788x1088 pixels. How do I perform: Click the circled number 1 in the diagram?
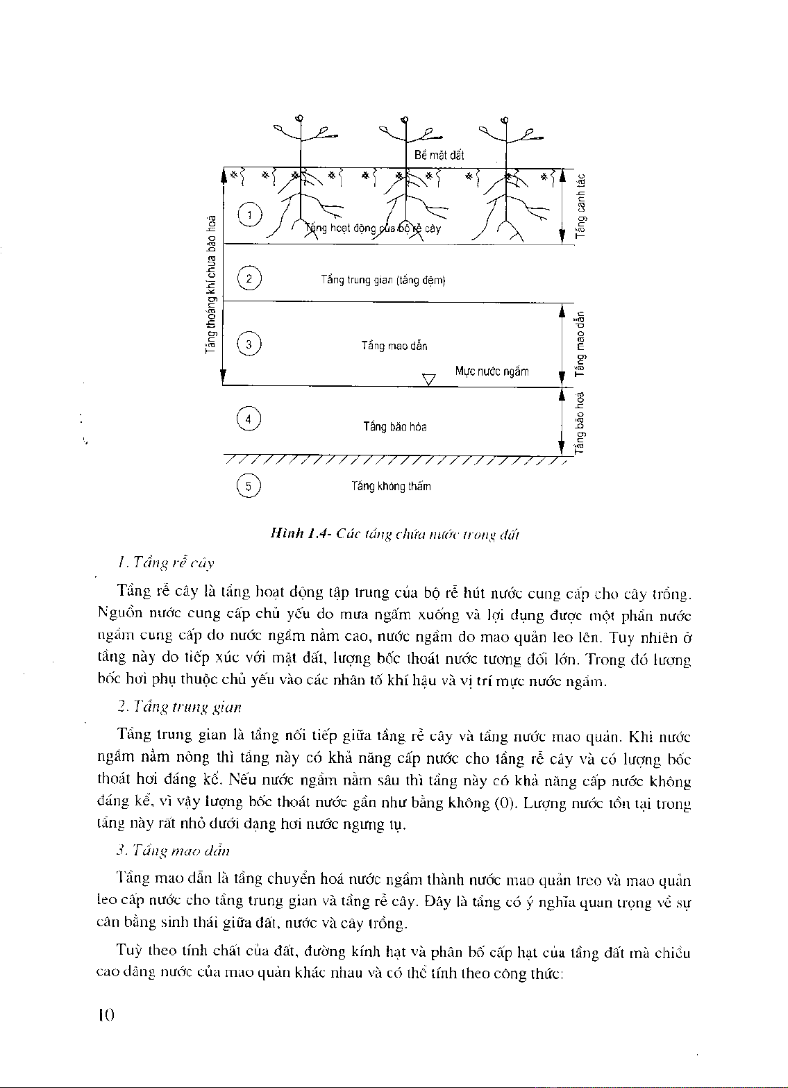[249, 215]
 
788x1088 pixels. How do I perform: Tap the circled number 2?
[249, 279]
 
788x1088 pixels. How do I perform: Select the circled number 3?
[249, 344]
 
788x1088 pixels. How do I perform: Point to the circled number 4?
[249, 419]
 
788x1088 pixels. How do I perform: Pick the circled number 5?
[249, 486]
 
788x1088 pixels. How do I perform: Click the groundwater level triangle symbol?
[429, 379]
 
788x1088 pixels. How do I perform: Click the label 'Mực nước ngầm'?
[492, 371]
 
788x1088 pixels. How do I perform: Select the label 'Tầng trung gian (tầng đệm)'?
[383, 280]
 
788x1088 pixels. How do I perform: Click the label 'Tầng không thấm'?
[391, 487]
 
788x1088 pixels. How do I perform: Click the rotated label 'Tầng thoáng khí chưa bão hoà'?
[210, 284]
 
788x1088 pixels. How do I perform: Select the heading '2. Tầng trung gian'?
[180, 708]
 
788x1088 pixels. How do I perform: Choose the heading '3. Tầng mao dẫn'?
[174, 851]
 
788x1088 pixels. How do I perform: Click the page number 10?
[106, 1015]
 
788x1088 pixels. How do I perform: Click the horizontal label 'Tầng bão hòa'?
[395, 426]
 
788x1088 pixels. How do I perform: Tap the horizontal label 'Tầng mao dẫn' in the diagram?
[394, 346]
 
